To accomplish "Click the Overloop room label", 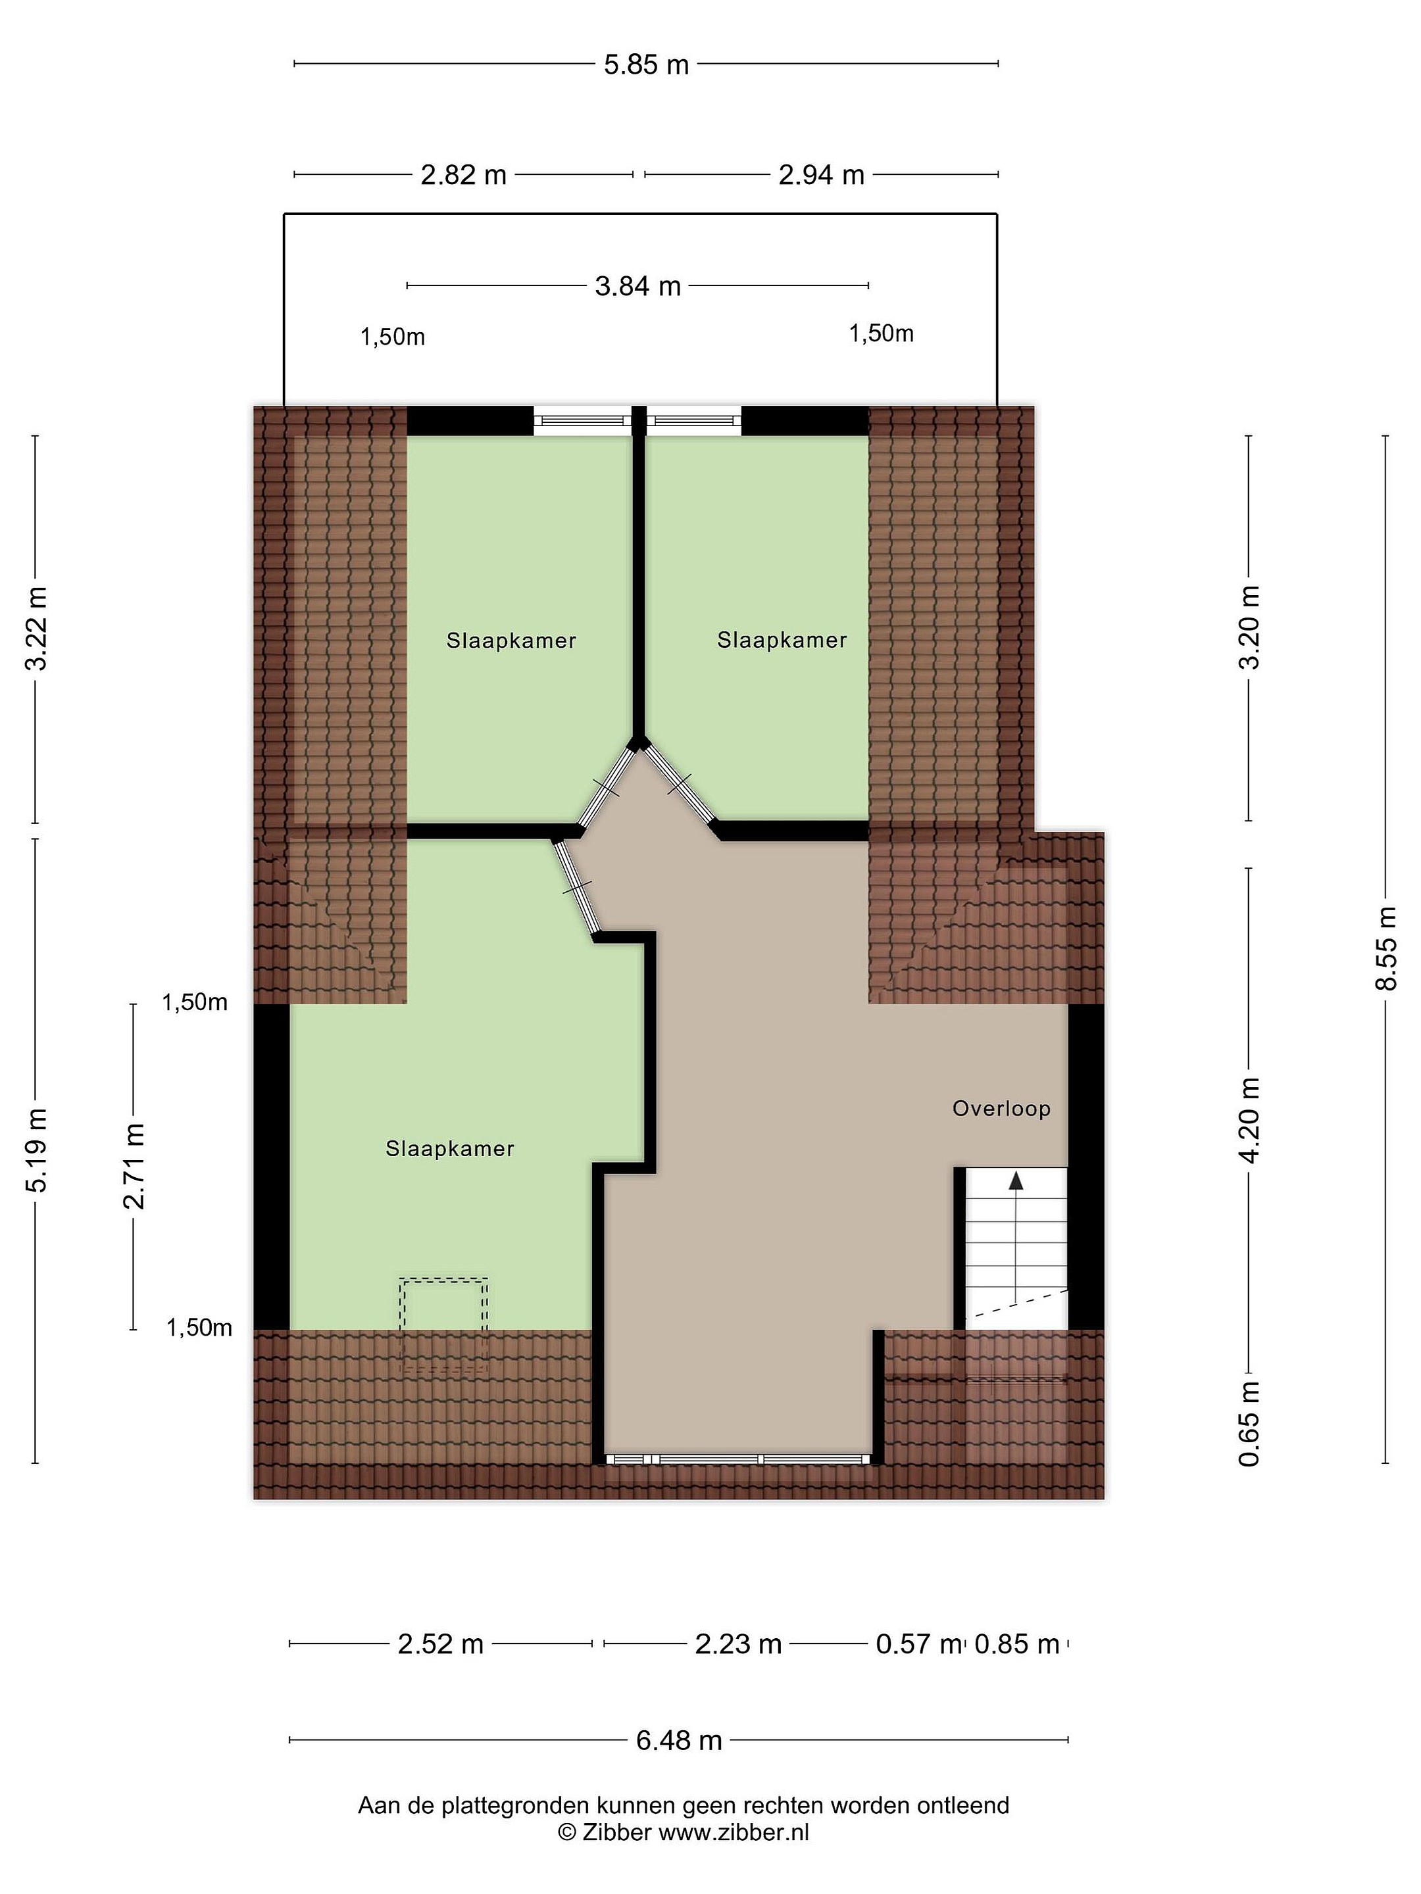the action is (1001, 1109).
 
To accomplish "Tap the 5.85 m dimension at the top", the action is (646, 64).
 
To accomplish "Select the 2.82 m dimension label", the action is (463, 176).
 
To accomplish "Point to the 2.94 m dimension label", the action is (820, 176).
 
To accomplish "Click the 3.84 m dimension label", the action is (637, 286).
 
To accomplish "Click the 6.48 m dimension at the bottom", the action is (678, 1740).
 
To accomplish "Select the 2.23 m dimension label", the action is (737, 1644).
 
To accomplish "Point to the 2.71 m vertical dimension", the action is (134, 1165).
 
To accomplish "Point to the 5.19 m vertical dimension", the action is (36, 1149).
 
